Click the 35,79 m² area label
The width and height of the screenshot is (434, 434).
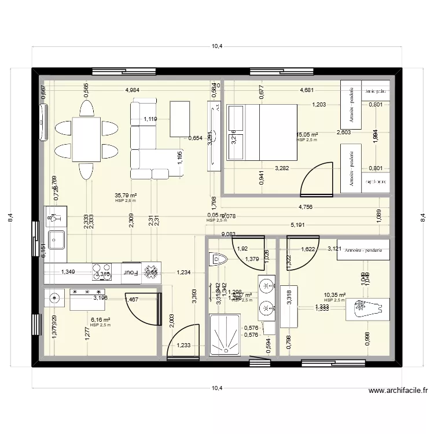click(126, 196)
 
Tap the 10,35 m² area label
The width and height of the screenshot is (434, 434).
click(334, 295)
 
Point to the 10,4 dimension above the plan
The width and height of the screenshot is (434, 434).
click(216, 47)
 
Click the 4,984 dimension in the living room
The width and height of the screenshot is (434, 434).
click(133, 90)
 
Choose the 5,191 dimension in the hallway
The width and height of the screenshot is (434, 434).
click(298, 225)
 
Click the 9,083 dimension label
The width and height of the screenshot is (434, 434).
click(229, 234)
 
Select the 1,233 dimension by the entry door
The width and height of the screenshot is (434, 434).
click(183, 345)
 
